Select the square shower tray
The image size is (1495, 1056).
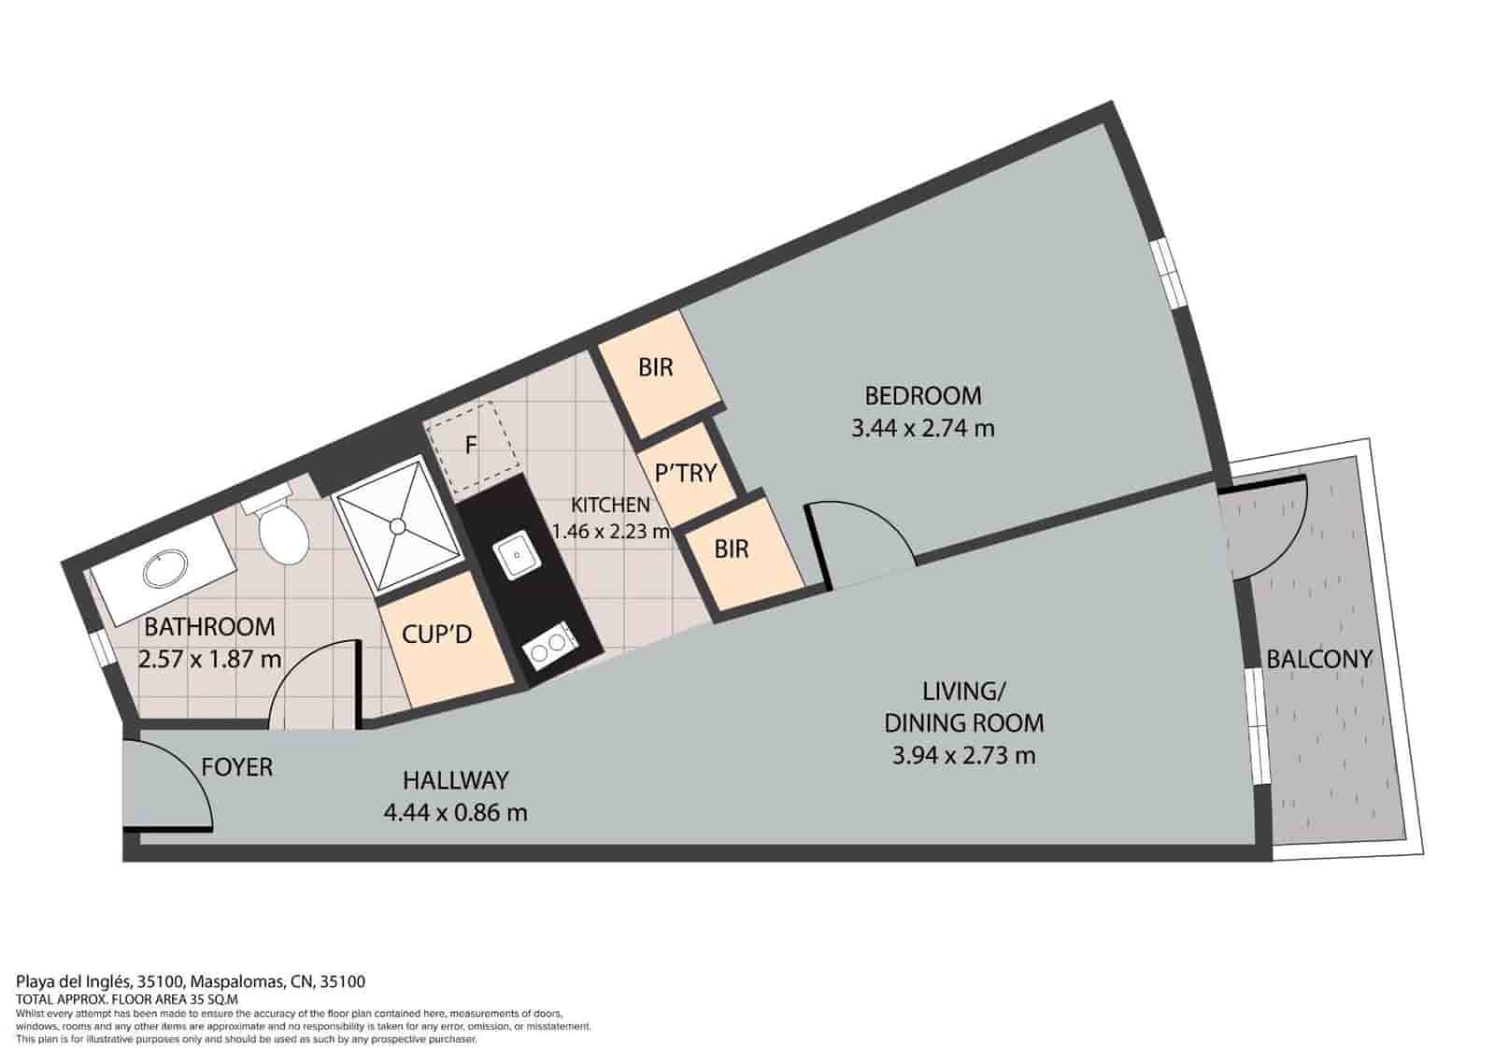coord(398,524)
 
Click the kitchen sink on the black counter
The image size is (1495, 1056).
coord(518,555)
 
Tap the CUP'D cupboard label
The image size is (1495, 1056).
coord(437,635)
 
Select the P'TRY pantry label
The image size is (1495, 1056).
coord(686,473)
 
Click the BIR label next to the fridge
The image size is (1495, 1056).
coord(655,368)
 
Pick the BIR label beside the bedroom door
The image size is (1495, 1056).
coord(731,549)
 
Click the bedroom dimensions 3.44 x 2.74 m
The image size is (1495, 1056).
coord(923,428)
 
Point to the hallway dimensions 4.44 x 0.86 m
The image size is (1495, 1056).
coord(456,812)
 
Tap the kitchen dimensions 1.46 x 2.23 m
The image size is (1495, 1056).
coord(611,532)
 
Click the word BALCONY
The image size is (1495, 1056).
coord(1319,660)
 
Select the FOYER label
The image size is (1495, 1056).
coord(237,767)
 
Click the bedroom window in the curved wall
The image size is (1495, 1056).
coord(1172,275)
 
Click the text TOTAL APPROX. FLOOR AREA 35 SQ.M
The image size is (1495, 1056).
coord(127,999)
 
